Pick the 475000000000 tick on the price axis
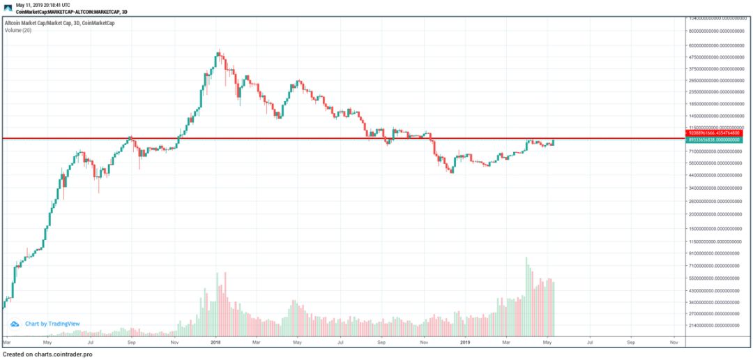717,57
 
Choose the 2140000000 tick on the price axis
717,325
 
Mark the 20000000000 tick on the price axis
717,214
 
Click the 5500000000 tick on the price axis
717,278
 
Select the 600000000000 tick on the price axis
717,45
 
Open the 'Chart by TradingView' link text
52,324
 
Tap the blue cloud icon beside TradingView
15,324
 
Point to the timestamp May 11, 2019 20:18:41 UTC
43,4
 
